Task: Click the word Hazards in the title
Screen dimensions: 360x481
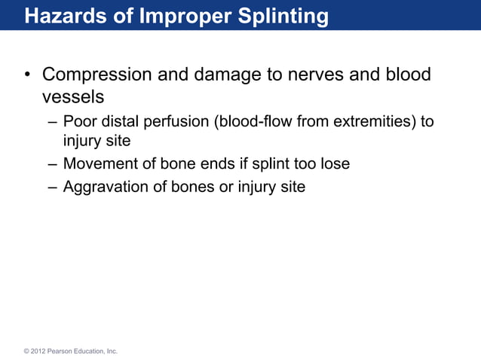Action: (59, 15)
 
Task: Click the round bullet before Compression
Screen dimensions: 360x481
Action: (26, 76)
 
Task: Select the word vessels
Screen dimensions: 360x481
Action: (72, 97)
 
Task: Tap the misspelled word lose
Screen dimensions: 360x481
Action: (335, 163)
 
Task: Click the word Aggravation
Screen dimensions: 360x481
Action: (105, 187)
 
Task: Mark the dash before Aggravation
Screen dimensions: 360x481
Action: (51, 187)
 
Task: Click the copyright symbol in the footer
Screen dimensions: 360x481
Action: (26, 351)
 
